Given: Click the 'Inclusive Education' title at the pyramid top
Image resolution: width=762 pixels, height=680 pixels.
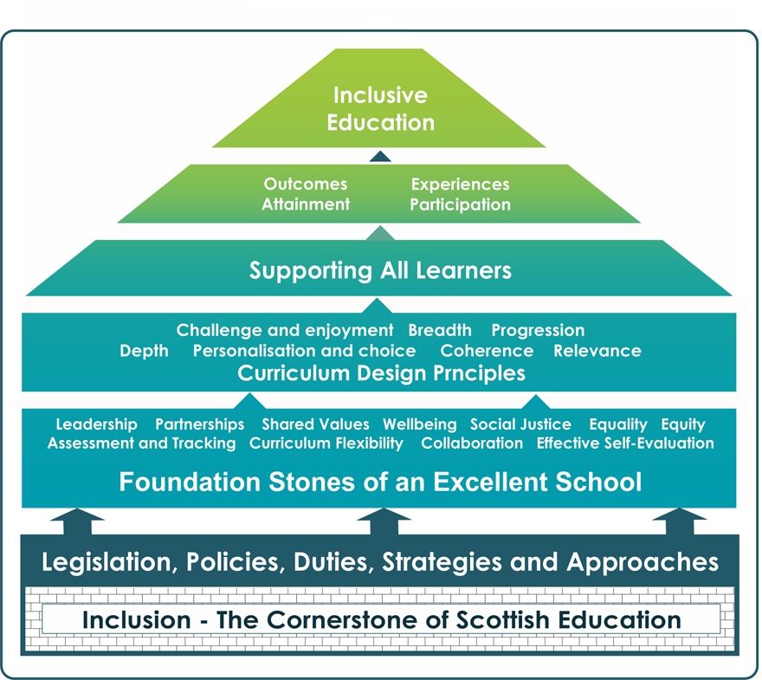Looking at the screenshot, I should tap(380, 108).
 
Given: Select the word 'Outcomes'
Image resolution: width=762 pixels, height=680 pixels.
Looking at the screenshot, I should tap(306, 185).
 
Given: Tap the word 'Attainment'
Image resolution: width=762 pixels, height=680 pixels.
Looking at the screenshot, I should tap(306, 204).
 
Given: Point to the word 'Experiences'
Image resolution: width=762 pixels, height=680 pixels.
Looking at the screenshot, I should tap(460, 185).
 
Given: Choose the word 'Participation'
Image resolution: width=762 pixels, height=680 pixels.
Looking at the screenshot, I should tap(460, 204).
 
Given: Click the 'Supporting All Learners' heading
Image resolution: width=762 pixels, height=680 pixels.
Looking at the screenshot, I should tap(380, 270).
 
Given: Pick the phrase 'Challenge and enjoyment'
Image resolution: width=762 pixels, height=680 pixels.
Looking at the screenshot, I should tap(285, 330).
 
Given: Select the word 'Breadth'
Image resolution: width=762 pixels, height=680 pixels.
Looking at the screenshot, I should tap(440, 330).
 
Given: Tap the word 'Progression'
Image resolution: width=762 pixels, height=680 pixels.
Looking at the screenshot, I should tap(538, 330).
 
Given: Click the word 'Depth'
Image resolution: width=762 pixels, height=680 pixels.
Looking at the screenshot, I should tap(145, 351).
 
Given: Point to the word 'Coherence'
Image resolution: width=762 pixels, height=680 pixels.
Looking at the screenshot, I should tap(487, 351).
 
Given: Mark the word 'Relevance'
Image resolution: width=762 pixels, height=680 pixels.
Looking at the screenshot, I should tap(597, 351).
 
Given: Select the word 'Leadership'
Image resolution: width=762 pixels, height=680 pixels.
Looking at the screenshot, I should tap(96, 424).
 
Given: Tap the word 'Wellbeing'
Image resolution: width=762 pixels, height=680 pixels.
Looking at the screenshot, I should tap(420, 424).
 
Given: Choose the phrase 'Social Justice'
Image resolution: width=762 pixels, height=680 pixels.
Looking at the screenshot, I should tap(520, 424).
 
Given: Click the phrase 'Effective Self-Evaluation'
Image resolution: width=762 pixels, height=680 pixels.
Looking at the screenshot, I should tap(625, 444).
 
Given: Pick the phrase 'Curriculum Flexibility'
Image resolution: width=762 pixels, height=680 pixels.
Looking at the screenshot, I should tap(326, 444).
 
